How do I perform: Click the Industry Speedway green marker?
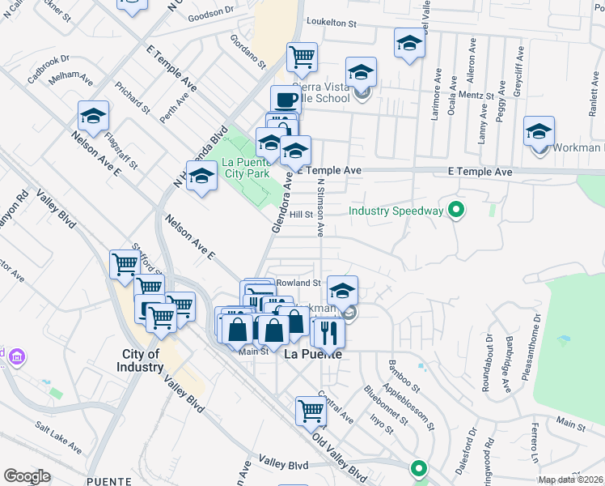tap(456, 211)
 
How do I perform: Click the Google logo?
tap(27, 476)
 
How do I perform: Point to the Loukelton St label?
tap(330, 24)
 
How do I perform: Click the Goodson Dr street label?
tap(209, 16)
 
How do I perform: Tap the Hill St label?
tap(302, 215)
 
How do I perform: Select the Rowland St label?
tap(299, 283)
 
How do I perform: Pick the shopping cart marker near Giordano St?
tap(302, 58)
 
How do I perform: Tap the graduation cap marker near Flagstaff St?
tap(93, 117)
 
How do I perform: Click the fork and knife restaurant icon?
tap(329, 332)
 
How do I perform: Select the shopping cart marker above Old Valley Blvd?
tap(311, 411)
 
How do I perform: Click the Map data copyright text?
tap(571, 480)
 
